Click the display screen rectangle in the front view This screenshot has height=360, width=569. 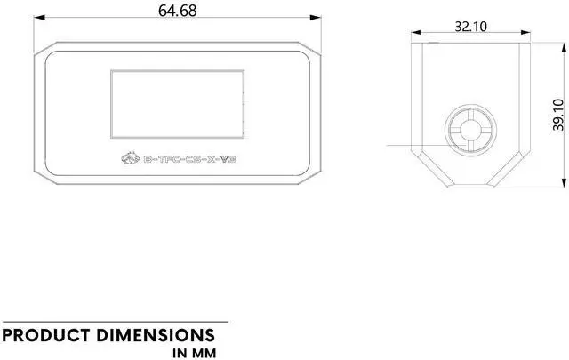175,105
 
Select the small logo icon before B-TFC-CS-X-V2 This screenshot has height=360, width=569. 129,159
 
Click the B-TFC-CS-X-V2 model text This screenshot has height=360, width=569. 188,160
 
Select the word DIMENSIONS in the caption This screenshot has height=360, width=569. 159,335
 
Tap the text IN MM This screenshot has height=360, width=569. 195,353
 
